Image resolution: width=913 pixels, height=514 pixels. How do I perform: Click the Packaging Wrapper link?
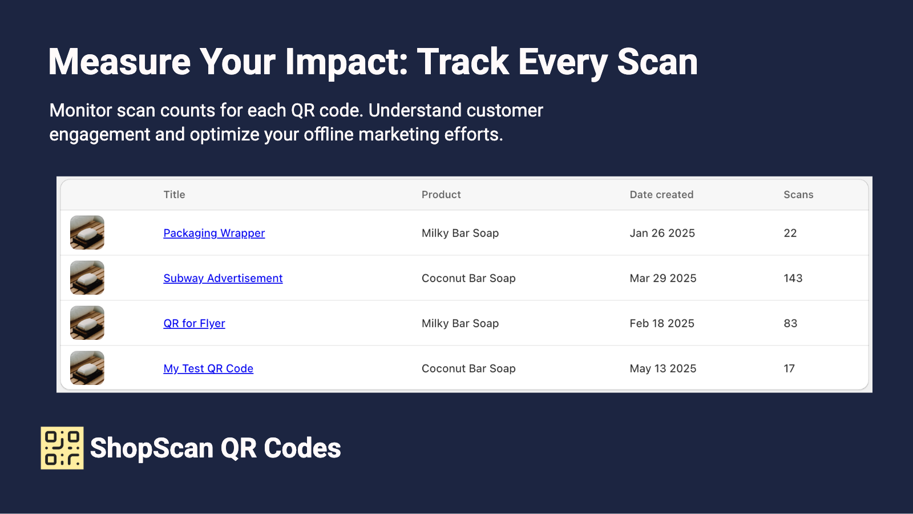point(214,233)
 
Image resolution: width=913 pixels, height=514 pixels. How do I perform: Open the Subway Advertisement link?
point(223,278)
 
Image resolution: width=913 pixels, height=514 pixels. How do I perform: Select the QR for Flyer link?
point(194,323)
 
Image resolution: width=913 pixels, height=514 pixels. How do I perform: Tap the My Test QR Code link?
point(208,368)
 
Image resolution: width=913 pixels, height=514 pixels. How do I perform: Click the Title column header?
point(174,195)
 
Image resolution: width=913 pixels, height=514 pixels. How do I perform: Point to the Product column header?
point(441,195)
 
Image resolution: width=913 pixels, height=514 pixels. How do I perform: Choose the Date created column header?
point(661,195)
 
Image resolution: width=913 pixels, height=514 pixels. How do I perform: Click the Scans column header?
point(798,195)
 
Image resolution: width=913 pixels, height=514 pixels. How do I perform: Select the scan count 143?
point(793,278)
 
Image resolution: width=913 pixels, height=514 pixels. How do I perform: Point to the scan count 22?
point(790,233)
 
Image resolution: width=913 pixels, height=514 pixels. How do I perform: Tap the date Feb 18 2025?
point(662,323)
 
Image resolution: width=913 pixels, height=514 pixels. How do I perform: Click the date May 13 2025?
point(663,368)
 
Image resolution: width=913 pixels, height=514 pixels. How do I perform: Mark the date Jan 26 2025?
point(662,233)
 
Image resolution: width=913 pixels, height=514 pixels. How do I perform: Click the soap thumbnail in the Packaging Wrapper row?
point(87,232)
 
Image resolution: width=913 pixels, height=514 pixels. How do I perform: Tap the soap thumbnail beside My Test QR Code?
point(87,368)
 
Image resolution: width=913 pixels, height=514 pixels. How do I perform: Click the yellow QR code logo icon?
point(62,448)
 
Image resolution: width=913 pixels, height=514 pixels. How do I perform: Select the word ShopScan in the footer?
point(152,448)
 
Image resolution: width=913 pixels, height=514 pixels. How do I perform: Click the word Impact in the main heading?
point(347,62)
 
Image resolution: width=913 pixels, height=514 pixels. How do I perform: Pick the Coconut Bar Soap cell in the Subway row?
point(468,278)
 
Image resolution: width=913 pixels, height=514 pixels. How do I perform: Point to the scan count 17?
point(789,368)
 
